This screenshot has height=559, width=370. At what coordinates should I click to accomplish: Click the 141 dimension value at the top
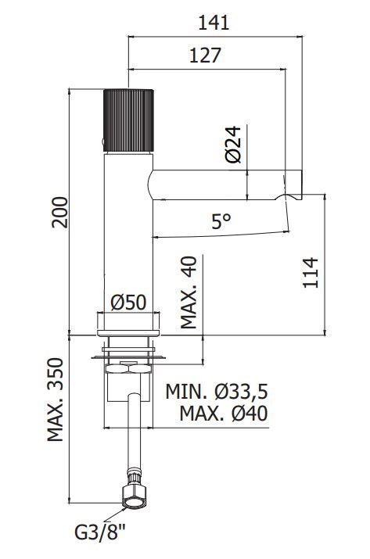click(214, 23)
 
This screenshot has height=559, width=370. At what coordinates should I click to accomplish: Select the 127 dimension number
click(205, 56)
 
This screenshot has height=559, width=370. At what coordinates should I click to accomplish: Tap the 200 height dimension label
click(59, 212)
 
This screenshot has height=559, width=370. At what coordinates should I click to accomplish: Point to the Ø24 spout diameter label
click(233, 144)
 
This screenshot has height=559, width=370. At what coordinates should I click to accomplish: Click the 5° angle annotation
click(221, 221)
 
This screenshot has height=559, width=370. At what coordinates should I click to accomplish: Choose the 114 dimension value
click(311, 272)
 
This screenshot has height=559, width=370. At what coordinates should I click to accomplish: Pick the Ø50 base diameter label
click(128, 303)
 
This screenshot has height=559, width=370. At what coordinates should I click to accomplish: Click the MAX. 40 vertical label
click(189, 292)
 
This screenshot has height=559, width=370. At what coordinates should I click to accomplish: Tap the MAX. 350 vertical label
click(56, 400)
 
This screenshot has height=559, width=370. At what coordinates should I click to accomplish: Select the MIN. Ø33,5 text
click(217, 392)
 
